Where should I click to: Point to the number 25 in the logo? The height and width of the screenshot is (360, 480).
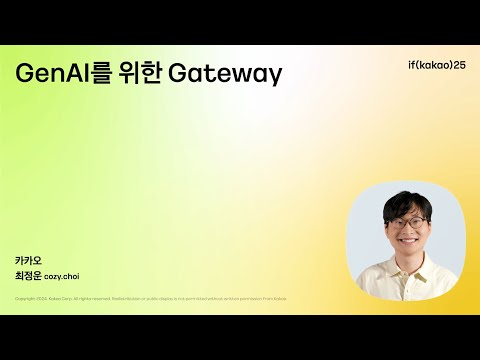[458, 65]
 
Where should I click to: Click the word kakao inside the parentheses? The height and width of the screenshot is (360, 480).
[427, 65]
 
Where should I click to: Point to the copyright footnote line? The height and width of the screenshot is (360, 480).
[151, 298]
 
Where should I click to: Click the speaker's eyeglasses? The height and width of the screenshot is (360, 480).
[407, 221]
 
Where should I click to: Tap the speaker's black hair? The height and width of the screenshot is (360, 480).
[405, 202]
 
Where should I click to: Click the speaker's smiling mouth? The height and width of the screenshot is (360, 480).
[407, 241]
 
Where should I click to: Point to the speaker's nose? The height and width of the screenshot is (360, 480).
[407, 230]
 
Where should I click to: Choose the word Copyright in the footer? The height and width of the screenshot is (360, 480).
[26, 298]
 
